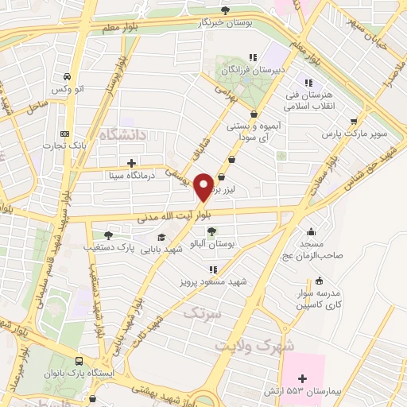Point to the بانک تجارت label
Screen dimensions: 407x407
66,146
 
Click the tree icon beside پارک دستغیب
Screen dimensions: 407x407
108,235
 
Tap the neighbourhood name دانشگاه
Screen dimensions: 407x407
120,136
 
